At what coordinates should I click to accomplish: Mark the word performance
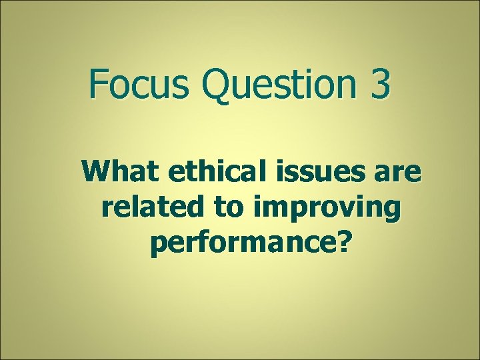[x=240, y=245]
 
